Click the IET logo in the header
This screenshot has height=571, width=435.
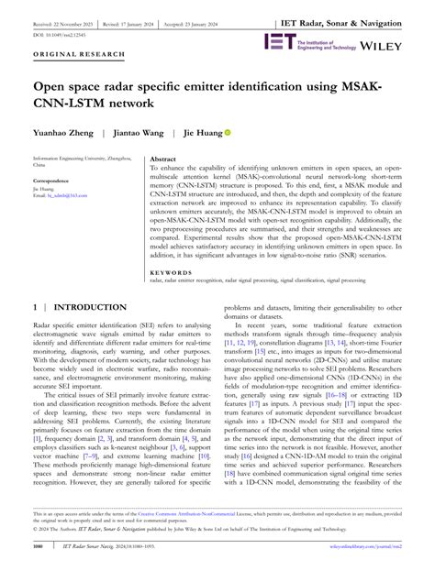coord(278,41)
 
